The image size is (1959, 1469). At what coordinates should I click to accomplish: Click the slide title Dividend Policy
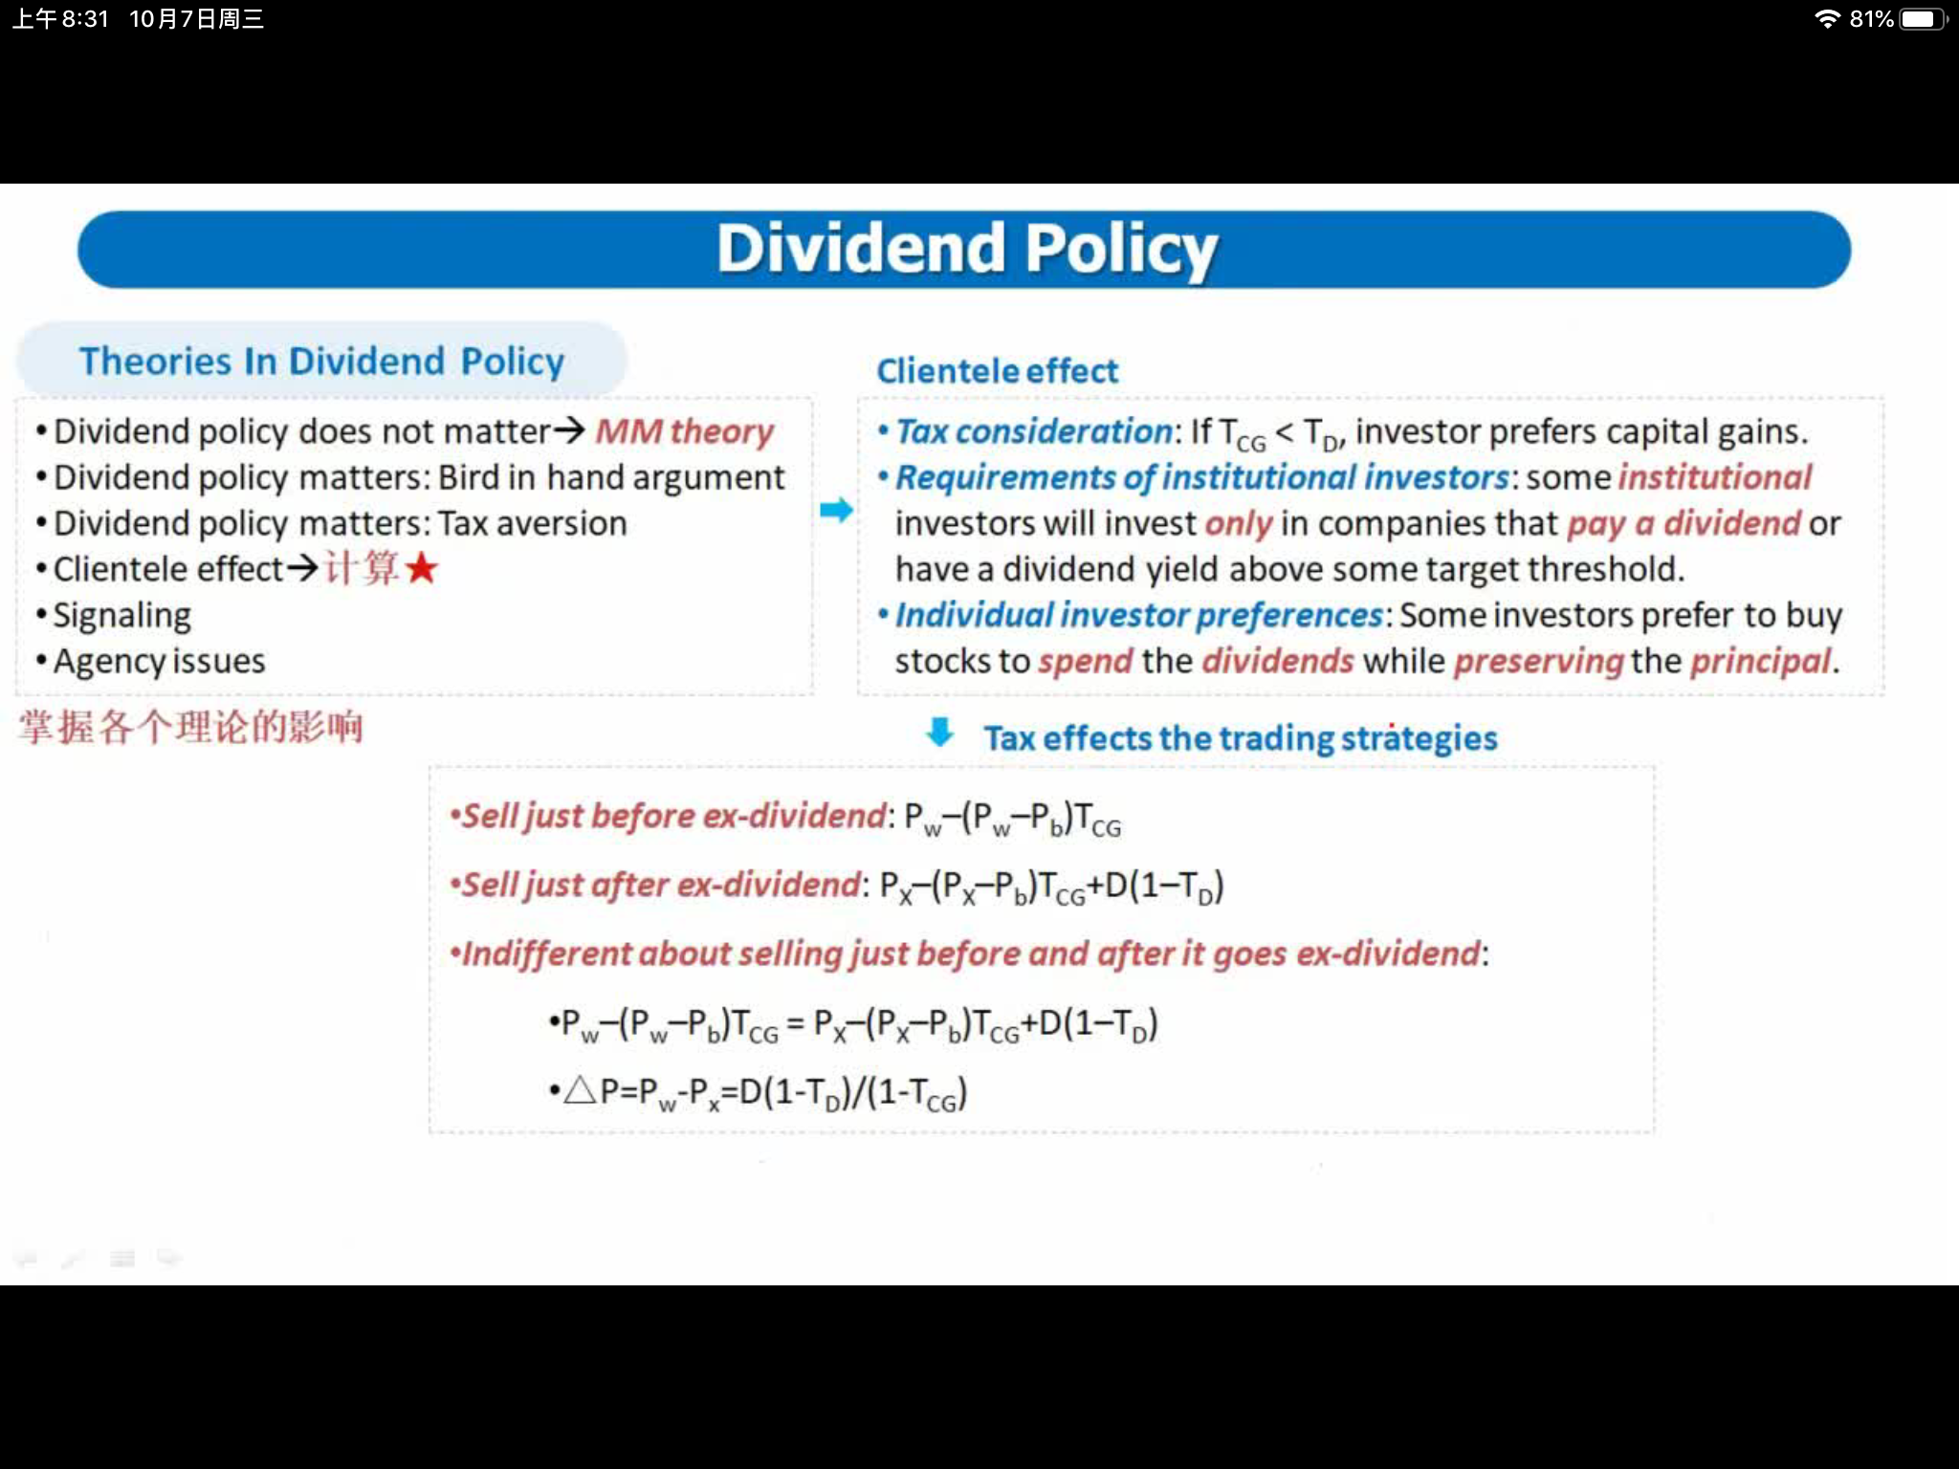point(967,249)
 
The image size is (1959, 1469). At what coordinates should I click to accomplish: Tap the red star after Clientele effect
point(421,569)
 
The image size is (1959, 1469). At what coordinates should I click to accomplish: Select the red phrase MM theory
point(685,431)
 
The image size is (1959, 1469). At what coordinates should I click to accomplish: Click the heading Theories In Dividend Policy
point(321,362)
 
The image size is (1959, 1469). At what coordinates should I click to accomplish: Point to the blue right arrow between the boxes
point(836,510)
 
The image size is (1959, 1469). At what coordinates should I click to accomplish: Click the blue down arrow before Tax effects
point(940,733)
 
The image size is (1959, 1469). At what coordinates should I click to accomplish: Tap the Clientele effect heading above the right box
point(997,371)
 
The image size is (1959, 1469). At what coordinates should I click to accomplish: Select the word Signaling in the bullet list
point(122,616)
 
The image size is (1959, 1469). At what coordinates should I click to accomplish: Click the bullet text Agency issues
point(160,661)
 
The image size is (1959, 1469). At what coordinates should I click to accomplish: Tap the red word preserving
point(1539,662)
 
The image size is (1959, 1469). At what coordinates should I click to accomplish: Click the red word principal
point(1760,662)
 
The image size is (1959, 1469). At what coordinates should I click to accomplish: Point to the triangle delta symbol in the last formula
point(580,1090)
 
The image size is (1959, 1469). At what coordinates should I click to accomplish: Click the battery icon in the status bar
point(1924,19)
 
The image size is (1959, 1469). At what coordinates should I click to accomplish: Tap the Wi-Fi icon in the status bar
point(1827,19)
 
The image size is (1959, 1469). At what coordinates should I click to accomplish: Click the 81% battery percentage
point(1871,19)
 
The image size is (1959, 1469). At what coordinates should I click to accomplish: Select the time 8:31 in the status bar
point(85,19)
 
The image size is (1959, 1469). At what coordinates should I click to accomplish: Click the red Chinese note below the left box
point(190,727)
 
